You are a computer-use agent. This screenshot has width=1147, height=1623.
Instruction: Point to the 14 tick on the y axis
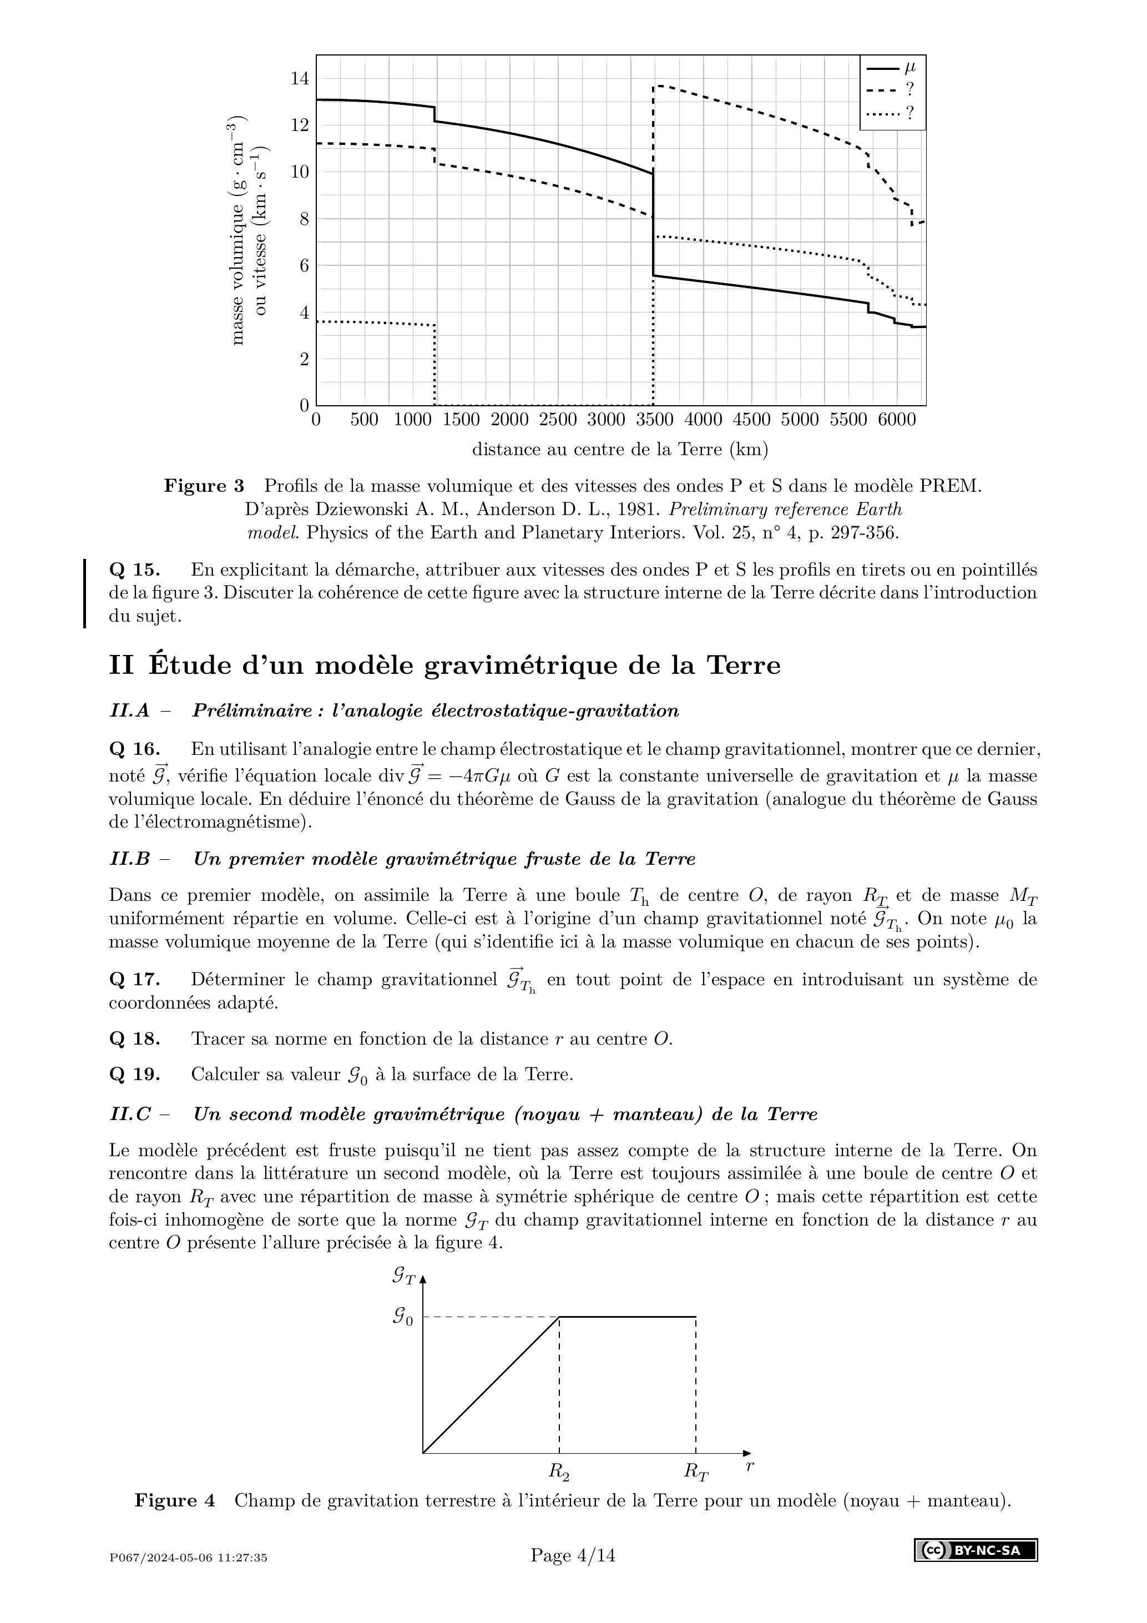(x=300, y=78)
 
